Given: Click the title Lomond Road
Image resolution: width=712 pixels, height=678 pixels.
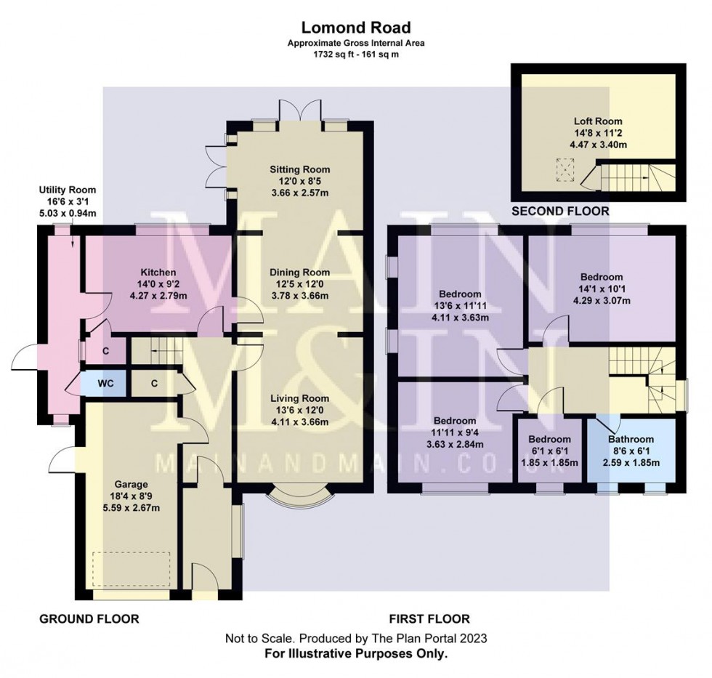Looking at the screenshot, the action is [x=356, y=28].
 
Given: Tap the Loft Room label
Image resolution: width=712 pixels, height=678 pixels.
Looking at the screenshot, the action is [x=598, y=121].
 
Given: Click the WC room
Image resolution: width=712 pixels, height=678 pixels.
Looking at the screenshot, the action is [x=105, y=384].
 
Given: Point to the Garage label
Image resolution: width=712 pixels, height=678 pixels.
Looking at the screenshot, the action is [x=131, y=485].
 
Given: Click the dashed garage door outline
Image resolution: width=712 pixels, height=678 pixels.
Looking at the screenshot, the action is [x=132, y=570].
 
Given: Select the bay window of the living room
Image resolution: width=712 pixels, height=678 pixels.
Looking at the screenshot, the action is [x=299, y=496].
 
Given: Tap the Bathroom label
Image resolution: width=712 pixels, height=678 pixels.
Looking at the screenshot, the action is [x=631, y=439].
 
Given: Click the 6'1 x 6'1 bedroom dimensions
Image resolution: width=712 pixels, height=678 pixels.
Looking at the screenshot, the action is [x=549, y=451].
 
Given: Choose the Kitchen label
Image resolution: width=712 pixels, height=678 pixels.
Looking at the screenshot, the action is [x=158, y=273].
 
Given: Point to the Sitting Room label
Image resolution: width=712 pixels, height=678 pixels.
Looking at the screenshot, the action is [x=299, y=169].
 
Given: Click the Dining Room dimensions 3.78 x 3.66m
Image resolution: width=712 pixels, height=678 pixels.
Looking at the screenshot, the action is [x=299, y=296].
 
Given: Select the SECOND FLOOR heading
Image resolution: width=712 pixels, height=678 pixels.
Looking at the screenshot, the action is [x=560, y=211].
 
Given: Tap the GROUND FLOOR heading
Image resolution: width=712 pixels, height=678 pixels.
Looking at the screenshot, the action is [x=89, y=618].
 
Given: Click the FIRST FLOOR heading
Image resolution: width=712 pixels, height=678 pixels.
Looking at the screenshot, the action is [x=429, y=618].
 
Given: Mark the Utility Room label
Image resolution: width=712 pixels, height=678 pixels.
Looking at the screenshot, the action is [x=67, y=190].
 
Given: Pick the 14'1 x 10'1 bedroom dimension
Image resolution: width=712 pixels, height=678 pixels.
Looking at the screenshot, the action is [x=602, y=288].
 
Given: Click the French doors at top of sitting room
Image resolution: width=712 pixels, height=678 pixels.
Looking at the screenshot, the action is [x=299, y=110].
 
